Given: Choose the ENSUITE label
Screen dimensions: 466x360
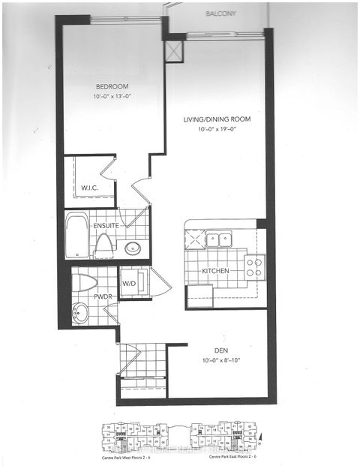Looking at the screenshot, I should coord(106,225).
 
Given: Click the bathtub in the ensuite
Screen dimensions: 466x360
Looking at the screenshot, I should coord(76,236).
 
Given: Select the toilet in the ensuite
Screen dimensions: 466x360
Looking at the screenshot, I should coord(104,244).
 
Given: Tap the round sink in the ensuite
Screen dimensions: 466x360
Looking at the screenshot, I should coord(133,248).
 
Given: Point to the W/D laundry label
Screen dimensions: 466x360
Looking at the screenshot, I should coord(130,284).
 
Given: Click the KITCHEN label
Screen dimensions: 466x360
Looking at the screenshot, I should coord(215,271).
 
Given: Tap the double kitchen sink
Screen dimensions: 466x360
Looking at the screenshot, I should coord(219,240).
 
